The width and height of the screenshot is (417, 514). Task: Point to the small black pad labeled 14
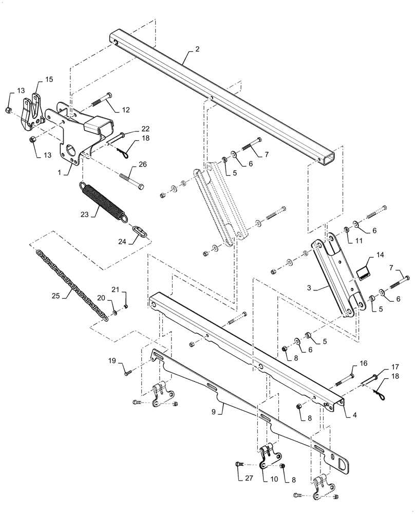tap(365, 271)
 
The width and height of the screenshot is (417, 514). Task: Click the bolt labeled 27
tap(240, 465)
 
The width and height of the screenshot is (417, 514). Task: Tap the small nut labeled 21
tap(126, 307)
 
